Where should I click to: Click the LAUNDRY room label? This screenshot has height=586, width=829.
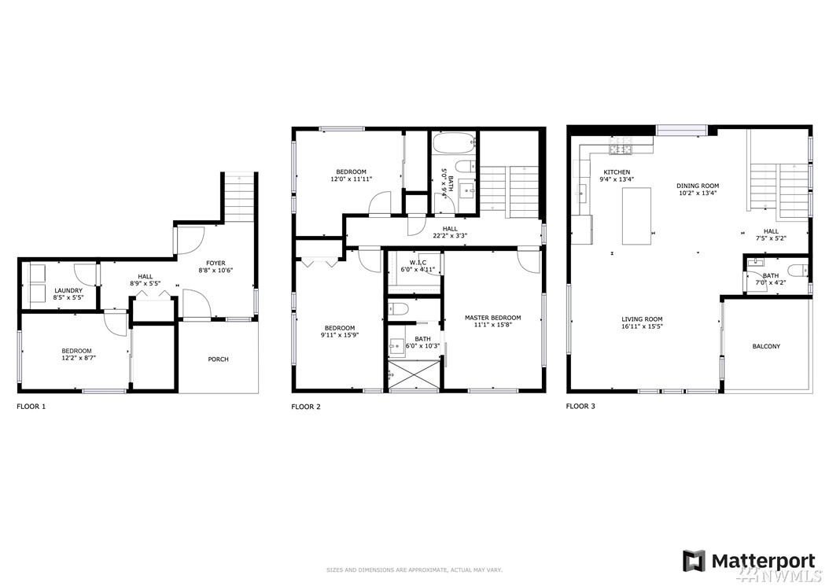point(68,290)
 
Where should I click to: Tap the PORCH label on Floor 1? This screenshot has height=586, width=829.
point(219,359)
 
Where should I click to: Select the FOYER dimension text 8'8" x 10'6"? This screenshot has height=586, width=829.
point(216,271)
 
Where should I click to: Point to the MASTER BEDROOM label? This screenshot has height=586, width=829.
point(492,318)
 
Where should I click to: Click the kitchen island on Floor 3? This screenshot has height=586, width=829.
point(636,216)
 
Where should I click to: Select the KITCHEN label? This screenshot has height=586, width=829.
point(617,172)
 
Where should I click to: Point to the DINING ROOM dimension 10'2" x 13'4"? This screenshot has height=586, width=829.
point(698,193)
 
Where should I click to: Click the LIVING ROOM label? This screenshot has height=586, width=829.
point(642,319)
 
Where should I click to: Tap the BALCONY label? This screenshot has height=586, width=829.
point(766,346)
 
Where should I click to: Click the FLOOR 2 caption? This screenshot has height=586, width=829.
point(306,407)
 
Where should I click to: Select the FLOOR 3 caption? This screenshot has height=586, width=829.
point(580,406)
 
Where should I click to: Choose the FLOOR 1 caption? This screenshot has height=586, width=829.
point(31,407)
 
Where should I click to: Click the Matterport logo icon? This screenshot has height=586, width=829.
point(694,561)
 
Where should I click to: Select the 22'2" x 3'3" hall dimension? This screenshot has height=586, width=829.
point(449,236)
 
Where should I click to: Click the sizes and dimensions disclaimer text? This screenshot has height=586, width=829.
point(414,570)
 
